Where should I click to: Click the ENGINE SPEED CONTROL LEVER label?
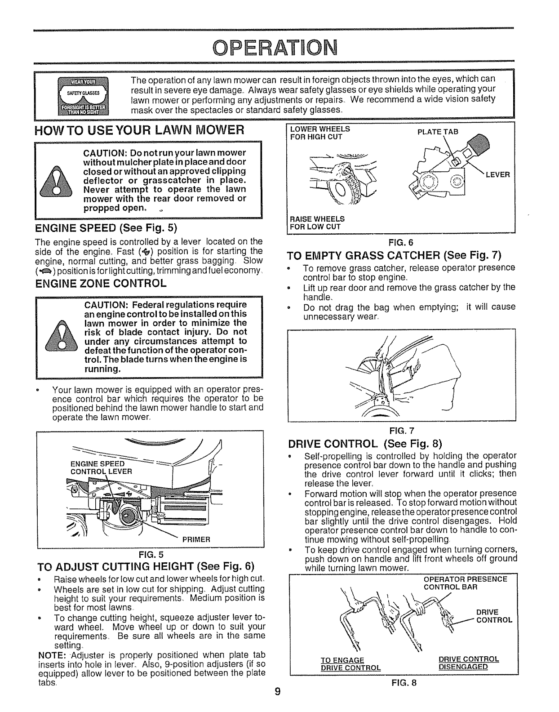102,467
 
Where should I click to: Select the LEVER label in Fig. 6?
497,174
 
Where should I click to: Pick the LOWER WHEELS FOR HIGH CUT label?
320,132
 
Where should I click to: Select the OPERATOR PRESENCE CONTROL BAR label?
466,583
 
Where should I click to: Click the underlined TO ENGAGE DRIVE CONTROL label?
350,663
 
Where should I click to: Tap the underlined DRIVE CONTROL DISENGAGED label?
469,663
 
